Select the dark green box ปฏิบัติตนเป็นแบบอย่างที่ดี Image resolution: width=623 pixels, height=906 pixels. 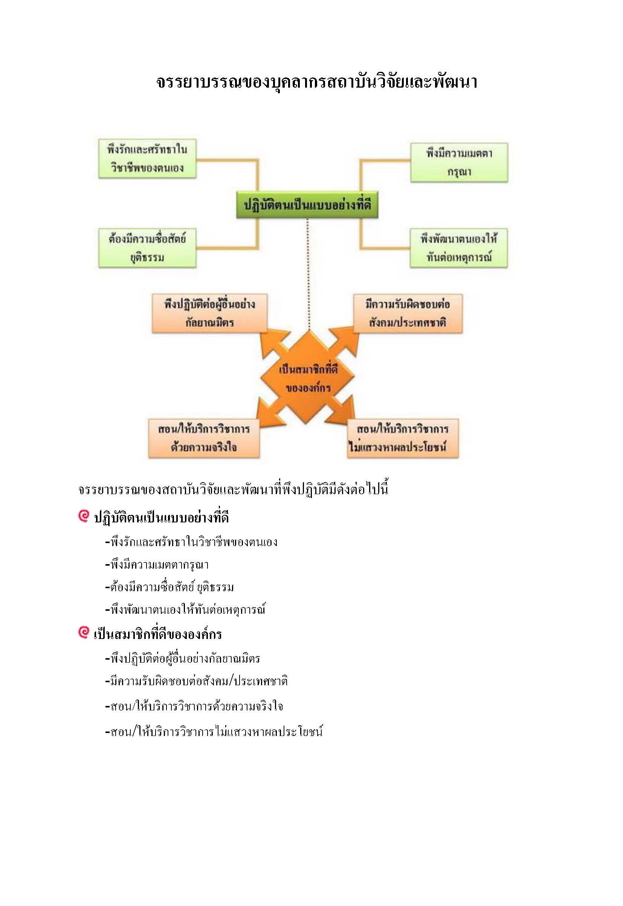[x=307, y=205]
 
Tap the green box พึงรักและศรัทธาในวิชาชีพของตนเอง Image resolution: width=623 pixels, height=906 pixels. [x=147, y=159]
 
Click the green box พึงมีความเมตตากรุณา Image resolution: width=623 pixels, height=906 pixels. [x=459, y=162]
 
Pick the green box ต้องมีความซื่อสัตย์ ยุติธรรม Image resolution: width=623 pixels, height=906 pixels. [x=147, y=247]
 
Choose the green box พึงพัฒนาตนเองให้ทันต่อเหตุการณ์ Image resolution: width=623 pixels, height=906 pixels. [x=459, y=248]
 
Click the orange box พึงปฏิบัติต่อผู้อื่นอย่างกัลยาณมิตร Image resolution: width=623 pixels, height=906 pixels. [x=210, y=313]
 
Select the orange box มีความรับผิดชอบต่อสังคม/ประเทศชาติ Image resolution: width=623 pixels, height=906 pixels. [x=408, y=313]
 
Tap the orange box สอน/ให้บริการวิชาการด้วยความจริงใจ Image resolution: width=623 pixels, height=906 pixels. [x=204, y=438]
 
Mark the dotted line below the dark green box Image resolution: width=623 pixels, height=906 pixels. [x=308, y=274]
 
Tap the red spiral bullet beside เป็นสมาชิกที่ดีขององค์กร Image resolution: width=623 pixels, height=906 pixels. [x=84, y=632]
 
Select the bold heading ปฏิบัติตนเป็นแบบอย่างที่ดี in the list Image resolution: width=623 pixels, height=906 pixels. [x=161, y=518]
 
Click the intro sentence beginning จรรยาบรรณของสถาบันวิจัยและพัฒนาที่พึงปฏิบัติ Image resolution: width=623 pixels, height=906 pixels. [x=233, y=489]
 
